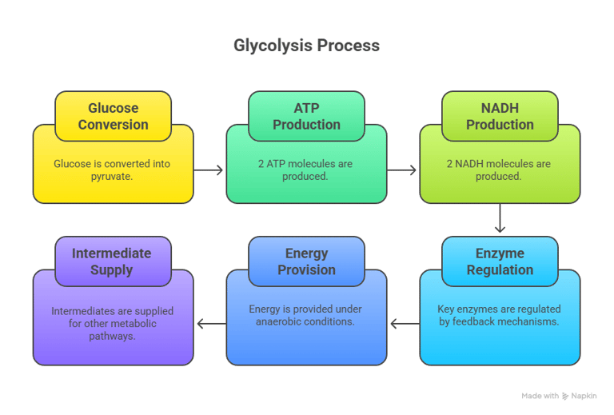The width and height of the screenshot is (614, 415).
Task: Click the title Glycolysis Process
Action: point(306,46)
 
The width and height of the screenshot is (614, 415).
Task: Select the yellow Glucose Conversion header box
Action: point(113,116)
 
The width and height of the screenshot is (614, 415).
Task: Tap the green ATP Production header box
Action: point(306,116)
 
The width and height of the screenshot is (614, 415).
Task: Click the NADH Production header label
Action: point(500,116)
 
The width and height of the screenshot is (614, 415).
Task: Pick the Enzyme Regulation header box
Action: point(500,261)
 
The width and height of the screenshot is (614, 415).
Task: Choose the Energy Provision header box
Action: point(306,261)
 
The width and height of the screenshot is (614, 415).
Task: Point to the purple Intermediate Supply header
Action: point(113,261)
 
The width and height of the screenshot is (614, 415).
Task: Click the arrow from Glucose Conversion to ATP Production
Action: point(209,170)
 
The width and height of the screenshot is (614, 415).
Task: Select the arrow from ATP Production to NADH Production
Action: point(403,170)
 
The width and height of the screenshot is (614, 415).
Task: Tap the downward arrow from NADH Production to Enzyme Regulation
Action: point(500,218)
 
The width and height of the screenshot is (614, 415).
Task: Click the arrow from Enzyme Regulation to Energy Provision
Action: point(404,324)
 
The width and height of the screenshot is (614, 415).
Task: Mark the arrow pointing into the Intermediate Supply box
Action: point(210,324)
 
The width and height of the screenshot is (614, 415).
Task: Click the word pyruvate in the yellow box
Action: point(113,176)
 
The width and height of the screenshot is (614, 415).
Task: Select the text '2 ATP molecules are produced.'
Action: point(305,170)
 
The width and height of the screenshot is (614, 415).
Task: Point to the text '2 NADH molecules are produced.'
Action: point(499,170)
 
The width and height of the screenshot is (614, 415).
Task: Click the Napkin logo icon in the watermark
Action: point(566,396)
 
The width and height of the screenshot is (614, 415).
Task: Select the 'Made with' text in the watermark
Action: point(540,396)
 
